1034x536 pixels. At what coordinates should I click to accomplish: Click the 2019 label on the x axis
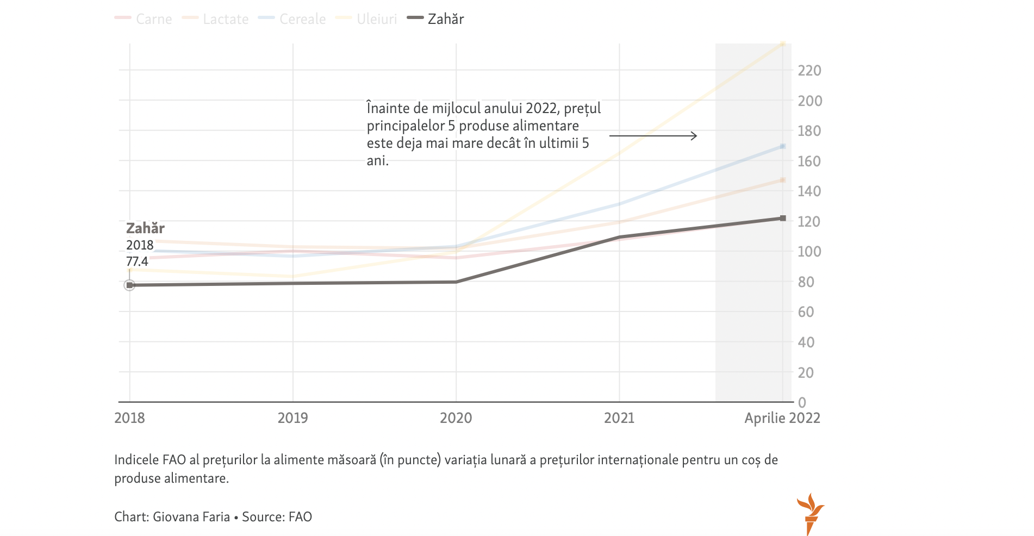[x=292, y=417]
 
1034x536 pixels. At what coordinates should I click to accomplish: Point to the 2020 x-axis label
[x=456, y=417]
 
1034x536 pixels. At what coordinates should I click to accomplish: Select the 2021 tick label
[x=619, y=417]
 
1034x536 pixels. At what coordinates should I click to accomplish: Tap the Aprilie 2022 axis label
[x=782, y=417]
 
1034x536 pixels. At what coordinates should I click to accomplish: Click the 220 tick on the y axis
[x=809, y=70]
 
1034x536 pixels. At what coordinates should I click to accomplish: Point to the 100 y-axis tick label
[x=809, y=251]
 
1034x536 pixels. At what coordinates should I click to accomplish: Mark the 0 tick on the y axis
[x=802, y=402]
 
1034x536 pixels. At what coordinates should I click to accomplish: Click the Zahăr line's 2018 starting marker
[x=129, y=285]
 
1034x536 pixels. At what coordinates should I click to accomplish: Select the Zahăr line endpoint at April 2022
[x=783, y=218]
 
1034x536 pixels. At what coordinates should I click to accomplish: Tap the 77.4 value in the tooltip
[x=137, y=261]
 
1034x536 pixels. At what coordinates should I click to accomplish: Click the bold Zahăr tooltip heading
[x=145, y=228]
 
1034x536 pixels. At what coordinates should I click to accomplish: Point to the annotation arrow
[x=653, y=135]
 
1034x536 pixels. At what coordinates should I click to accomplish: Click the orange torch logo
[x=810, y=514]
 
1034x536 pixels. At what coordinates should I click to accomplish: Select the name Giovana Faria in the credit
[x=191, y=516]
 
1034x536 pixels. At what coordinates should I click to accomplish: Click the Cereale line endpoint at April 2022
[x=783, y=146]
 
